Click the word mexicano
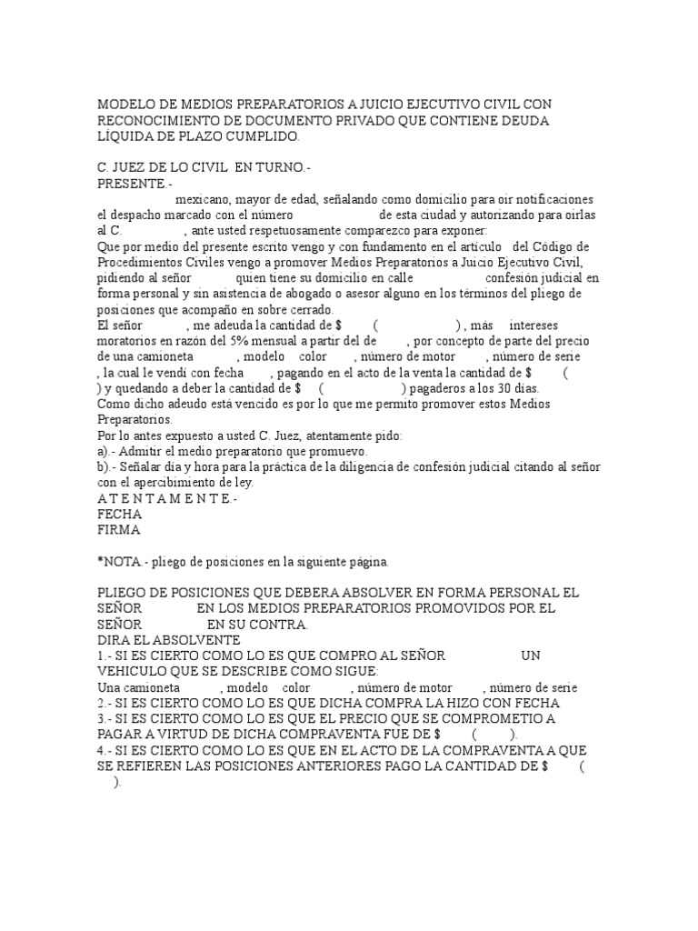click(203, 199)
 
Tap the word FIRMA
click(119, 529)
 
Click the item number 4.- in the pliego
click(105, 750)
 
